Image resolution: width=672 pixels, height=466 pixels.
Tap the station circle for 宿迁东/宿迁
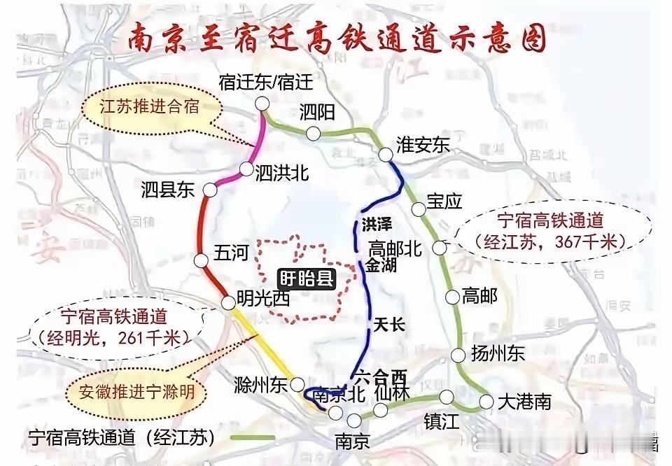[x=262, y=104]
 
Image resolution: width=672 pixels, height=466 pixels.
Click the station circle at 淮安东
[x=384, y=155]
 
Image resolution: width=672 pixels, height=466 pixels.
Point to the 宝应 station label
[x=445, y=202]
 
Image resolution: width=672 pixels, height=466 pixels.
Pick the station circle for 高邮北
[x=440, y=247]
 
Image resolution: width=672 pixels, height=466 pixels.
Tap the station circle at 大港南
[x=486, y=401]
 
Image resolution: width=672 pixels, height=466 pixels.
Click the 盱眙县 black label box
[x=306, y=278]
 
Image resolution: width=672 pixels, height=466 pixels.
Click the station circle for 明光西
[x=227, y=302]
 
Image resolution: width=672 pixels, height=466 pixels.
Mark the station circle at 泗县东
[x=210, y=190]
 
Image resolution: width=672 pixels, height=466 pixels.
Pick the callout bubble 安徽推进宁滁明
[x=136, y=392]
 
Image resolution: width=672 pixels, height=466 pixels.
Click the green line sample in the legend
[x=246, y=438]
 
